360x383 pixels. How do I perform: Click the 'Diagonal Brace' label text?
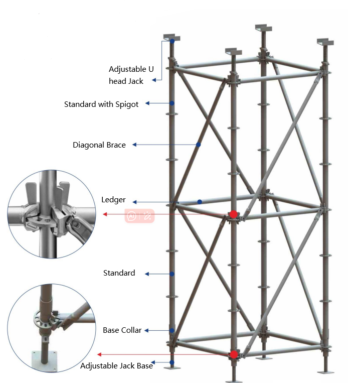click(99, 145)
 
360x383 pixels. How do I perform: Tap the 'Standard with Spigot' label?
click(101, 104)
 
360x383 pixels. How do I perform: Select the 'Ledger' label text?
click(113, 200)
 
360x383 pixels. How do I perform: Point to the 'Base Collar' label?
click(122, 330)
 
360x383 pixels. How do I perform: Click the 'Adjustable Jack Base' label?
click(117, 366)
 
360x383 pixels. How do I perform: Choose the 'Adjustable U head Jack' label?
click(131, 75)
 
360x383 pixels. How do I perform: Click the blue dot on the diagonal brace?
click(198, 145)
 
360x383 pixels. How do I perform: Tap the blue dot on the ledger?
click(200, 202)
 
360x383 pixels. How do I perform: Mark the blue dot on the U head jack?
click(172, 41)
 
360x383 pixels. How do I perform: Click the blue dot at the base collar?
click(172, 330)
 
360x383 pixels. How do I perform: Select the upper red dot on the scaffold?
click(234, 214)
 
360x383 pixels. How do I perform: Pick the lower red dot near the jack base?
click(234, 354)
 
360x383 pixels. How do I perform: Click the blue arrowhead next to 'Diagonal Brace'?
click(134, 145)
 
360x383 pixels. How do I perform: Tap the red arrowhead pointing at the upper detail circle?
click(105, 214)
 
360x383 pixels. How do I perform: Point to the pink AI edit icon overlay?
click(139, 216)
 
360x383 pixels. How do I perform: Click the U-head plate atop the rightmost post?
click(325, 42)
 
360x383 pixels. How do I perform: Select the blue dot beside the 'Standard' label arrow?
click(172, 274)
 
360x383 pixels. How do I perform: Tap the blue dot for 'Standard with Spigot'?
click(172, 103)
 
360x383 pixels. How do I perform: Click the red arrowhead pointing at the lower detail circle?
click(99, 354)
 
